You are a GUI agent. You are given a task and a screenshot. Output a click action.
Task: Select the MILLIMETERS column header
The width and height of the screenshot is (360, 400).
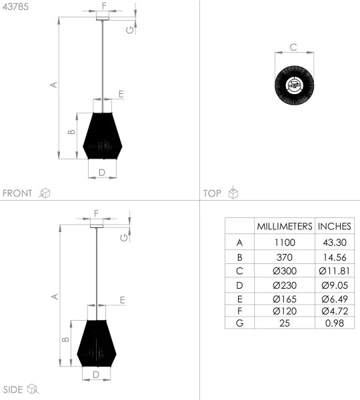click(x=285, y=226)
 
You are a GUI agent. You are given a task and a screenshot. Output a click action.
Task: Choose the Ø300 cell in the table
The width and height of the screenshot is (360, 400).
click(x=285, y=271)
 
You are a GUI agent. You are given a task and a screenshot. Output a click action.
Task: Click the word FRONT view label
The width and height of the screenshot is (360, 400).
click(x=18, y=193)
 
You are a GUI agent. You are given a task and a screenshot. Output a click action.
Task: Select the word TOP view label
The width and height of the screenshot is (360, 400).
click(x=212, y=193)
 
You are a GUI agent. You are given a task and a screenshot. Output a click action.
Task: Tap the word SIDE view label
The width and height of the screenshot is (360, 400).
click(x=13, y=389)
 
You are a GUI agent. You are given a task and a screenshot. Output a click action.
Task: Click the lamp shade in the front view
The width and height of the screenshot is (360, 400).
click(x=102, y=137)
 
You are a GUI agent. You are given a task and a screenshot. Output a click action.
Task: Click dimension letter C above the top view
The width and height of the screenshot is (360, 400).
click(x=293, y=47)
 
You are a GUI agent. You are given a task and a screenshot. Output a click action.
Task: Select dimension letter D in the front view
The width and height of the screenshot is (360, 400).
click(x=101, y=173)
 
